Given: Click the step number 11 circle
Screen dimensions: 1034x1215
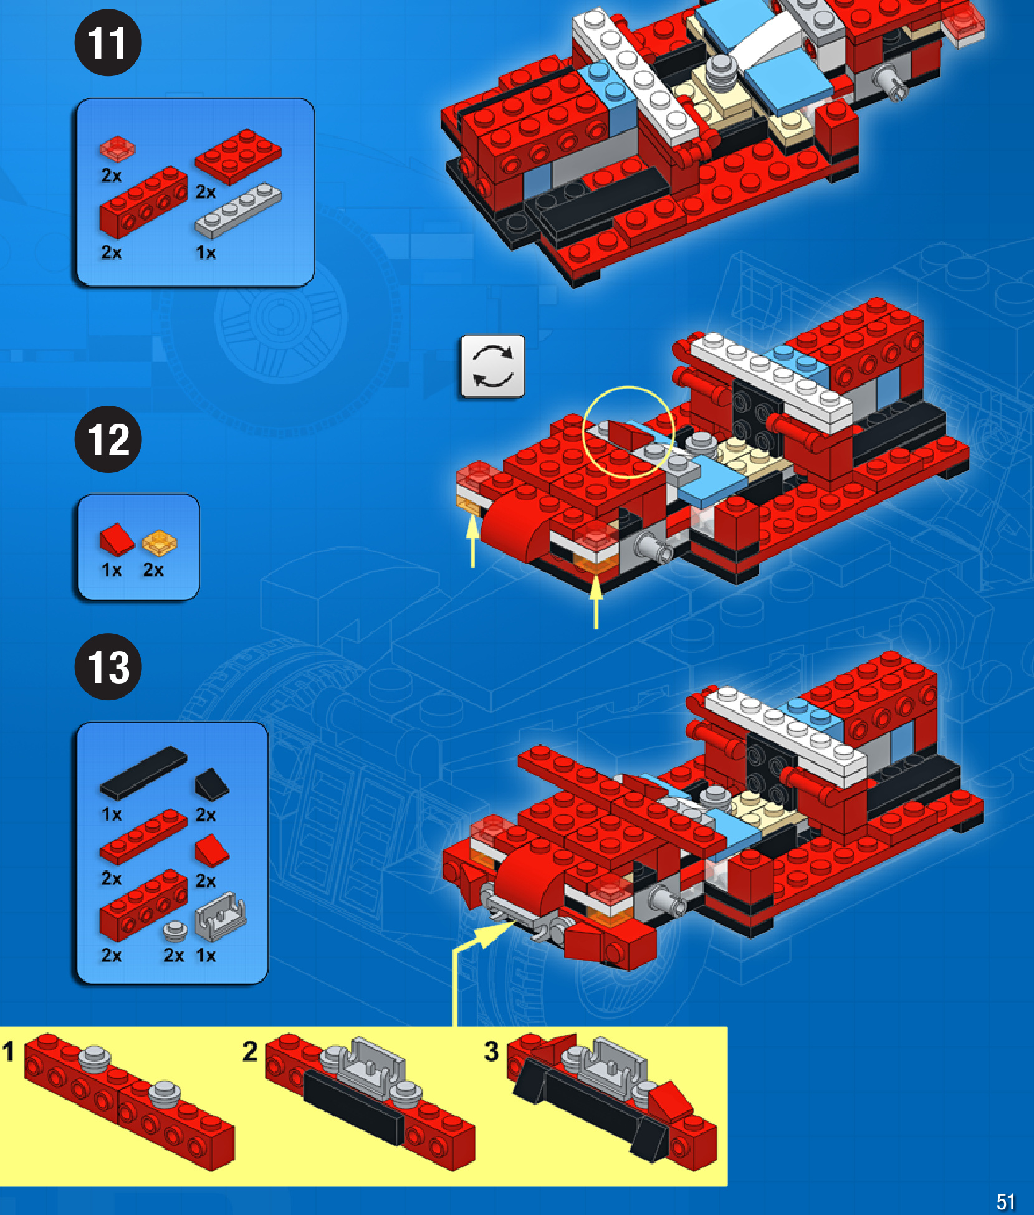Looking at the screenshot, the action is pyautogui.click(x=108, y=42).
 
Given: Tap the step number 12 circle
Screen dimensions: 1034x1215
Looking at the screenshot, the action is pyautogui.click(x=108, y=439).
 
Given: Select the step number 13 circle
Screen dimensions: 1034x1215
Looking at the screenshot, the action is pyautogui.click(x=108, y=667).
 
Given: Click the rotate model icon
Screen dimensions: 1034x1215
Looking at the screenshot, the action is pyautogui.click(x=492, y=366).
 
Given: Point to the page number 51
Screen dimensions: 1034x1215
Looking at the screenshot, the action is pyautogui.click(x=1005, y=1201).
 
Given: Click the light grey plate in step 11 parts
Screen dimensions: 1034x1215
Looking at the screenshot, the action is pyautogui.click(x=238, y=210).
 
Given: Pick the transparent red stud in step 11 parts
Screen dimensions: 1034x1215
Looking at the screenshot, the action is pyautogui.click(x=117, y=148).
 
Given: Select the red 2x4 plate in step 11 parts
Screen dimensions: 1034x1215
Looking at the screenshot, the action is pyautogui.click(x=238, y=156).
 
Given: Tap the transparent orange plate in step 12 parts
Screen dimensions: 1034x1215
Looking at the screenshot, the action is pyautogui.click(x=159, y=543).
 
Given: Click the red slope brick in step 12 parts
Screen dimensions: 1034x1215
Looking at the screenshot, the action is pyautogui.click(x=117, y=539).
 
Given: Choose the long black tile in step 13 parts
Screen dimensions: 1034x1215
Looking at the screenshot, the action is pyautogui.click(x=143, y=773).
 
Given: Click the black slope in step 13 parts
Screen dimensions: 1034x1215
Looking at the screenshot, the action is pyautogui.click(x=212, y=784).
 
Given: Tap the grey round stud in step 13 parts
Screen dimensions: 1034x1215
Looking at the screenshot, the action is pyautogui.click(x=175, y=931).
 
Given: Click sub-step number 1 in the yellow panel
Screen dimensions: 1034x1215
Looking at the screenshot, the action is pyautogui.click(x=8, y=1051).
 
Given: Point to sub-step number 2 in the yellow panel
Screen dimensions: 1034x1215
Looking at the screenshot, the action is pyautogui.click(x=249, y=1051).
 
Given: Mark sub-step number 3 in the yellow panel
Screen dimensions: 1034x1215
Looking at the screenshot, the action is pyautogui.click(x=491, y=1051).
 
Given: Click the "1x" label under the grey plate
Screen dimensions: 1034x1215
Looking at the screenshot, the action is pyautogui.click(x=206, y=252).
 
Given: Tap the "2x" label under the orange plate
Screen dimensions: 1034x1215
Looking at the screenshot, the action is pyautogui.click(x=153, y=569).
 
